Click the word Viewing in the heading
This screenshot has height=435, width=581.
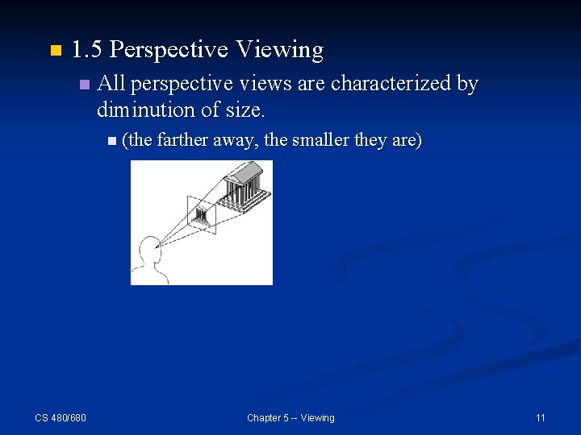279,50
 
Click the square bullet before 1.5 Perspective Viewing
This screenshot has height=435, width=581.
55,51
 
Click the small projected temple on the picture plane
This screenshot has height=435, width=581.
201,215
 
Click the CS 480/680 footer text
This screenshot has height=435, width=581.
61,417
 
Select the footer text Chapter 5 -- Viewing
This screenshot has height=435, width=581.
290,417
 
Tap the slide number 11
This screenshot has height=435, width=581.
540,417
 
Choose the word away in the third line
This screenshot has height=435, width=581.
235,140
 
